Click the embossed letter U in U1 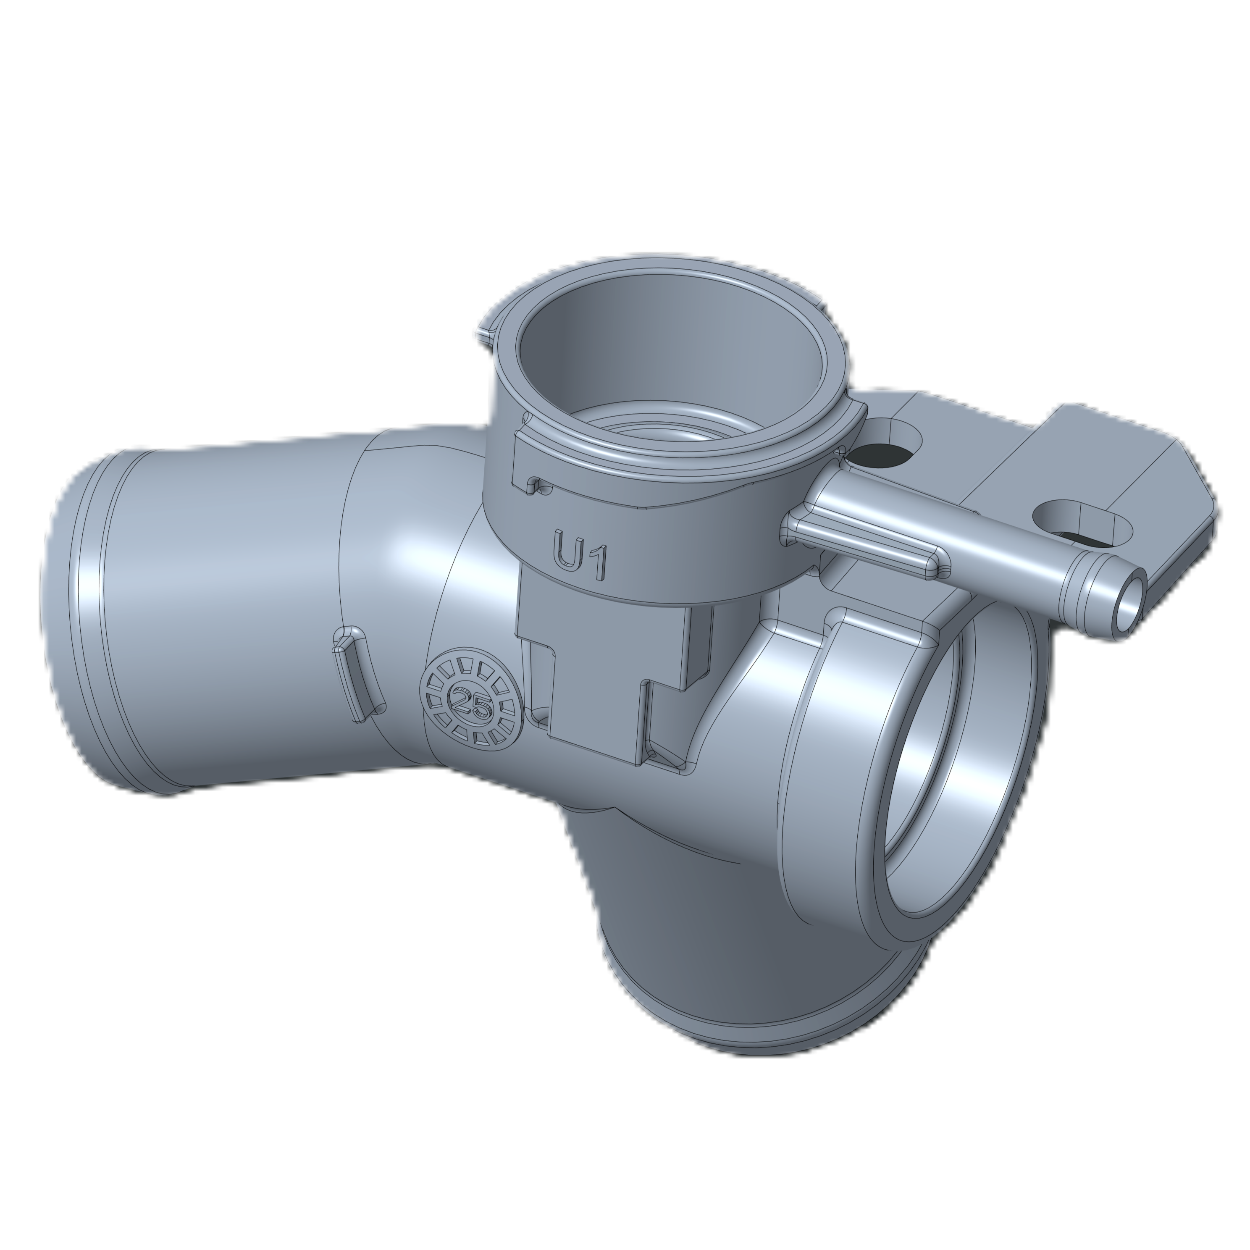pos(567,551)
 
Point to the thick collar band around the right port pos(835,764)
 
